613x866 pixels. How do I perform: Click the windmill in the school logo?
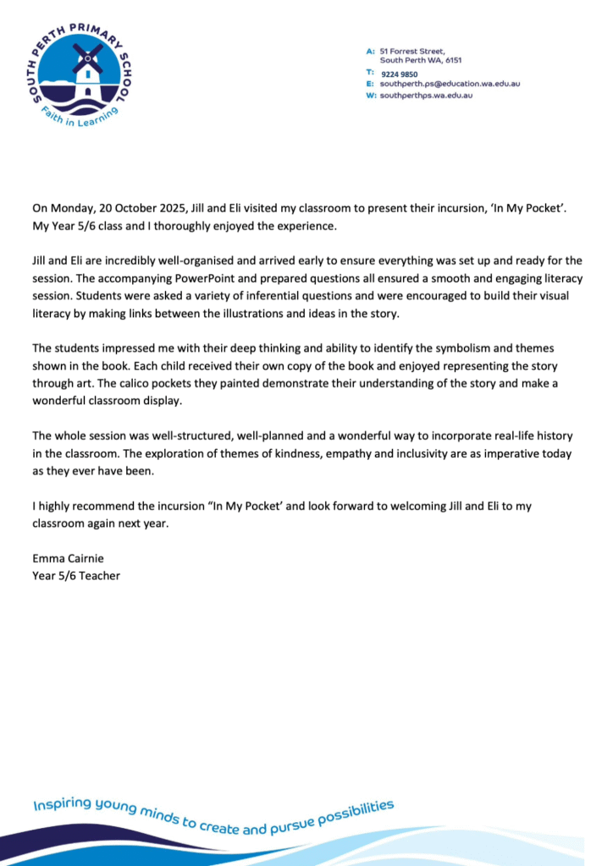click(86, 69)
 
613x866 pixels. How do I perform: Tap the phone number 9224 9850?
click(399, 74)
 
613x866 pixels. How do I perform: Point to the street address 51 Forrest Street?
click(412, 52)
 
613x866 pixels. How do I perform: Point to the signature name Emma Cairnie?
click(69, 558)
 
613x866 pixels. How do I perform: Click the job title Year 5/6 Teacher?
click(76, 576)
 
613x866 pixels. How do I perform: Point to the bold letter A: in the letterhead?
click(371, 52)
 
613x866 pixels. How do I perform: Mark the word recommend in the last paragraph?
click(100, 505)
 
